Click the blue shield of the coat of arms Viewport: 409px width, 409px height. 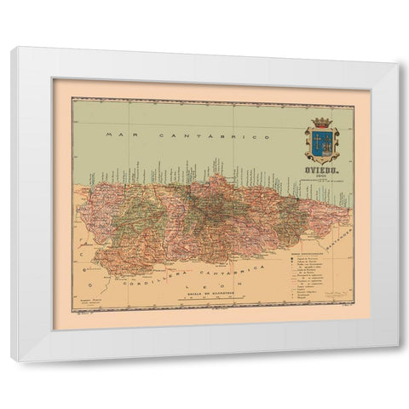(322, 143)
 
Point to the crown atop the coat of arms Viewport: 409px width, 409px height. (322, 122)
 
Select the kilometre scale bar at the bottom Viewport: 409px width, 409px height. (208, 299)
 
